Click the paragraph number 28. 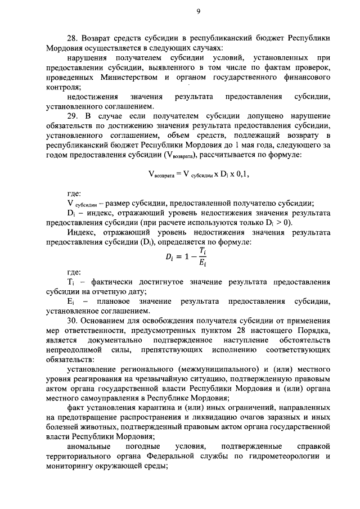[71, 38]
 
